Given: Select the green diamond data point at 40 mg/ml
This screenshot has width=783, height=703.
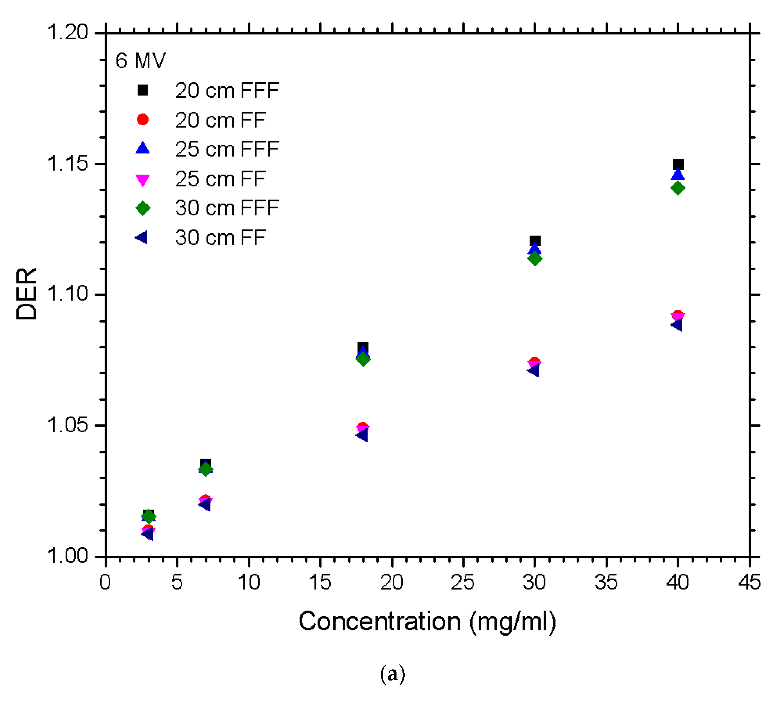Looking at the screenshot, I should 677,188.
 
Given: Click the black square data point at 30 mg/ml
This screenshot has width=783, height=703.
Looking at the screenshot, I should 535,241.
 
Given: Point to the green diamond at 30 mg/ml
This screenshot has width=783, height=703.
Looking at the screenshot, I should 534,259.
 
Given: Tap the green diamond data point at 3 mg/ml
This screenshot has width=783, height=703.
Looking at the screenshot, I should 149,516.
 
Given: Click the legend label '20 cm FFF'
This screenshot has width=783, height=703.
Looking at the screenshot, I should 227,90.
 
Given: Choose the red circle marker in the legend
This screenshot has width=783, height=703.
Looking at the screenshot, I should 143,120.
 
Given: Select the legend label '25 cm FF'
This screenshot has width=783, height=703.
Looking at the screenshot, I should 220,179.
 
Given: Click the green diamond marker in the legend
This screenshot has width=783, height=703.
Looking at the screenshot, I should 143,208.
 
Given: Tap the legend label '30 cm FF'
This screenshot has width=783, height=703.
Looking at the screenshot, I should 220,238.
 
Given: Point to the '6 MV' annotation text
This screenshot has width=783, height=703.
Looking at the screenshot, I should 140,61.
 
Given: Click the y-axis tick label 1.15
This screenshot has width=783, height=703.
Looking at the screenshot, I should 68,164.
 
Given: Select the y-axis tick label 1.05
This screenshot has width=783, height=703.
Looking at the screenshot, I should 68,425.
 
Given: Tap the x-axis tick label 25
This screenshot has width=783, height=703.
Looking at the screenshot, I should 463,582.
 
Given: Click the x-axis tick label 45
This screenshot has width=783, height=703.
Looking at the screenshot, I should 749,582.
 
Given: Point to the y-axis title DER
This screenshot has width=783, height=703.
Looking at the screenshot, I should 26,294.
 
